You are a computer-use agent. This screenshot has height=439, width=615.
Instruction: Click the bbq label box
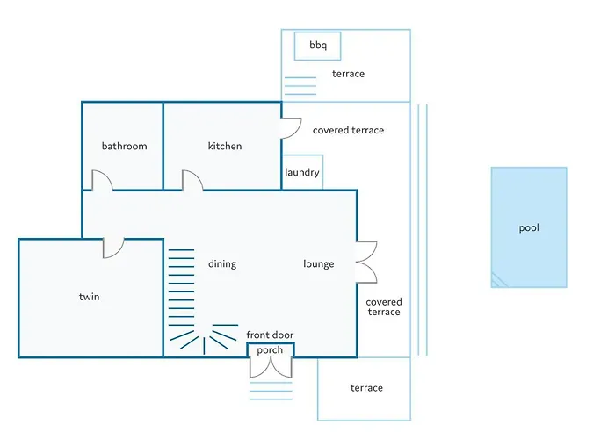coord(318,47)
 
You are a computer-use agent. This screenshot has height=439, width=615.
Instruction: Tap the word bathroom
coord(125,147)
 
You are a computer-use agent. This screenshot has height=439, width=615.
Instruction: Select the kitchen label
coord(225,147)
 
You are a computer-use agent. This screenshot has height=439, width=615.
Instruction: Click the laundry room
coord(302,172)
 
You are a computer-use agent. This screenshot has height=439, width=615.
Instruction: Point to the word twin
coord(89,297)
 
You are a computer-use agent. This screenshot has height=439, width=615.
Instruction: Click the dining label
coord(222,264)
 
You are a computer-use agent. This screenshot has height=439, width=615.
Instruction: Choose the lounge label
coord(318,264)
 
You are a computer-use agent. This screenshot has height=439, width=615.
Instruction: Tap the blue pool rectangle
coord(529,227)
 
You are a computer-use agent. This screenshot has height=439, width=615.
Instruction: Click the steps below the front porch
coord(271,391)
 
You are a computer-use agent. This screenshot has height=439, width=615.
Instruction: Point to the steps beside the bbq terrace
coord(300,86)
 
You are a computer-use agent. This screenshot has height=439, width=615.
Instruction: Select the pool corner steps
coord(498,281)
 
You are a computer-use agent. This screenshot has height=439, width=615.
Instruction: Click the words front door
coord(270,335)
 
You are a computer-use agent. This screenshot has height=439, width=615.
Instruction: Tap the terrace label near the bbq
coord(348,74)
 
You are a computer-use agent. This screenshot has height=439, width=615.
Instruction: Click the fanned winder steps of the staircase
coord(204,339)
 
